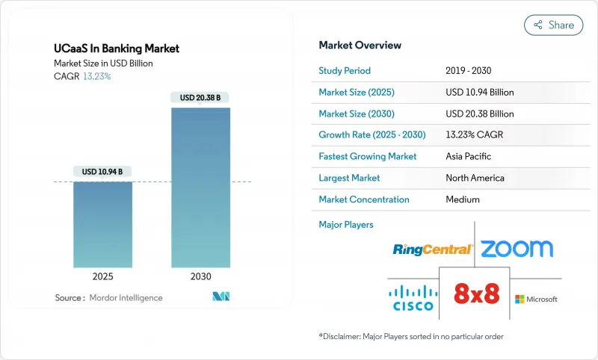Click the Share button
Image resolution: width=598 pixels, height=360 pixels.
coord(553,25)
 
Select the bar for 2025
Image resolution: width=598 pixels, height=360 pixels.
coord(102,223)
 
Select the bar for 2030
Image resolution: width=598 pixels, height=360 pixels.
coord(200,187)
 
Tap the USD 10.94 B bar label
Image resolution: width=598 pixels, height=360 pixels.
coord(102,172)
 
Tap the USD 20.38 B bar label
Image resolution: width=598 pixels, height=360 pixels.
coord(200,98)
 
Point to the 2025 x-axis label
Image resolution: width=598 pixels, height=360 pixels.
coord(102,276)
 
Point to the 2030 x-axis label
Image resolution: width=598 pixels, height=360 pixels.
coord(200,276)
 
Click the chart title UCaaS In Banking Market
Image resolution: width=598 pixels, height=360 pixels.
coord(117,49)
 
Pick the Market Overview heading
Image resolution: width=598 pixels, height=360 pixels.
coord(360,45)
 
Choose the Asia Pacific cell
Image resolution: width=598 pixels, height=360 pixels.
coord(469,157)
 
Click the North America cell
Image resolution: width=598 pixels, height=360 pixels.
coord(475,178)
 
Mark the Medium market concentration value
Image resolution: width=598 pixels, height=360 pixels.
coord(463,199)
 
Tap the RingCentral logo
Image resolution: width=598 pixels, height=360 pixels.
coord(433,249)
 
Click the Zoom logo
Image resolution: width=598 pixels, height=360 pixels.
coord(517,249)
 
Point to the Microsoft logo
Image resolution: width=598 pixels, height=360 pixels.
coord(536,300)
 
